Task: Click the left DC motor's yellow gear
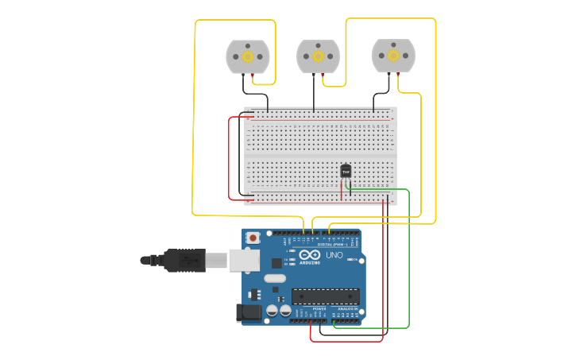(x=248, y=56)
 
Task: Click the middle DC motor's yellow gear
(x=318, y=56)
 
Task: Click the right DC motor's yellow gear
(x=393, y=56)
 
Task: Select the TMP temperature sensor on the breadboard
(x=346, y=170)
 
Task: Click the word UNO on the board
(x=334, y=255)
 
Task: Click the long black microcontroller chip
(x=325, y=296)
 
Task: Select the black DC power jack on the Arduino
(x=249, y=312)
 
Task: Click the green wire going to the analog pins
(x=408, y=262)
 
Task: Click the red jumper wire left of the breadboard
(x=230, y=159)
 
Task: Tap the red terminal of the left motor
(x=253, y=75)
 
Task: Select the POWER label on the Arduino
(x=308, y=308)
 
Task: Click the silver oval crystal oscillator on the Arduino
(x=274, y=278)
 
